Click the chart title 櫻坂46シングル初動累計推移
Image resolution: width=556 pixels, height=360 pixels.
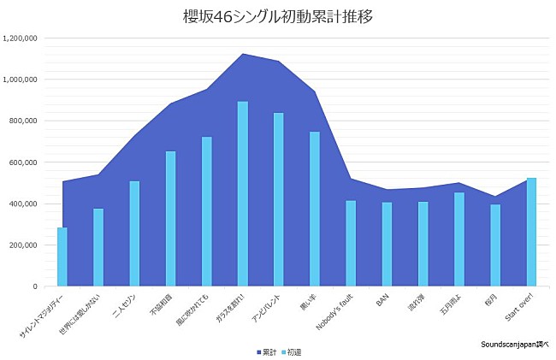(x=277, y=16)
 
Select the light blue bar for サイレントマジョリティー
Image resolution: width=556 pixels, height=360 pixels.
(x=62, y=257)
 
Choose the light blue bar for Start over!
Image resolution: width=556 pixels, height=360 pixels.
(x=531, y=232)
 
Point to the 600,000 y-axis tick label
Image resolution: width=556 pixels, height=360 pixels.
(x=21, y=162)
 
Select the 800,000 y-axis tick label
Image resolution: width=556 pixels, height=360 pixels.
(x=21, y=121)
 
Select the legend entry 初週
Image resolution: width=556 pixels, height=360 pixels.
(x=291, y=351)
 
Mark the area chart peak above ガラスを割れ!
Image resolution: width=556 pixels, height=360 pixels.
(x=243, y=54)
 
